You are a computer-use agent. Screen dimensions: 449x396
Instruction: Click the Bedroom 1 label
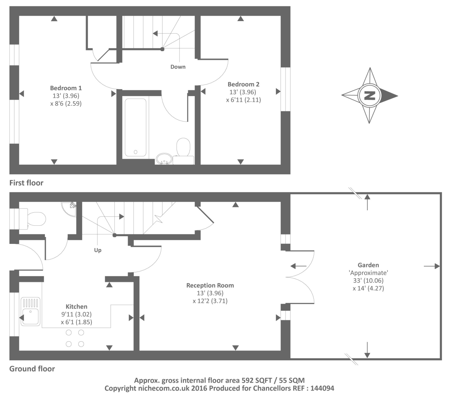tap(66, 88)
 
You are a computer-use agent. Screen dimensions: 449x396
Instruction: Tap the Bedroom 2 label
tap(243, 84)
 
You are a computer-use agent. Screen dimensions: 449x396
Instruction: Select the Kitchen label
tap(76, 307)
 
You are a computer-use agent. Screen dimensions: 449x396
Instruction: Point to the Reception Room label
tap(210, 285)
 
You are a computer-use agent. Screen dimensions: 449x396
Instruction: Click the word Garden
tap(368, 265)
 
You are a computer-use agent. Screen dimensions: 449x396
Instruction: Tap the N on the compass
tap(369, 95)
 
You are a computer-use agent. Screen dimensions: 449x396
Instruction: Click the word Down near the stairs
tap(178, 67)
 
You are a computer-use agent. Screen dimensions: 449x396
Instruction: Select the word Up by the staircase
tap(98, 250)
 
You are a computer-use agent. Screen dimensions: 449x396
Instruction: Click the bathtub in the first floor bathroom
tap(135, 127)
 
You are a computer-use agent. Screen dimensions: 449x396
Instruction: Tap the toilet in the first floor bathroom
tap(183, 151)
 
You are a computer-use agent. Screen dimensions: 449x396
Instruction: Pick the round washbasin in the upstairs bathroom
tap(164, 159)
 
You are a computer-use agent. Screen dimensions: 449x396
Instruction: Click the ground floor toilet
tap(32, 219)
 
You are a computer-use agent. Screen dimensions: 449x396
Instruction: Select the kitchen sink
tap(31, 312)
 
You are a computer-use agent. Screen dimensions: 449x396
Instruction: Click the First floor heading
tap(26, 183)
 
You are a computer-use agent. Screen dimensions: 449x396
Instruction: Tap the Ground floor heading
tap(32, 369)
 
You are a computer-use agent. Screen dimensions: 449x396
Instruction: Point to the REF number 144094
tap(322, 388)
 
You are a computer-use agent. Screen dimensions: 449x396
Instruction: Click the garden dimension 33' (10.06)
tap(368, 280)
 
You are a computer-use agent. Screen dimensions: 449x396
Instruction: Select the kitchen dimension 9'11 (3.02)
tap(76, 314)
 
